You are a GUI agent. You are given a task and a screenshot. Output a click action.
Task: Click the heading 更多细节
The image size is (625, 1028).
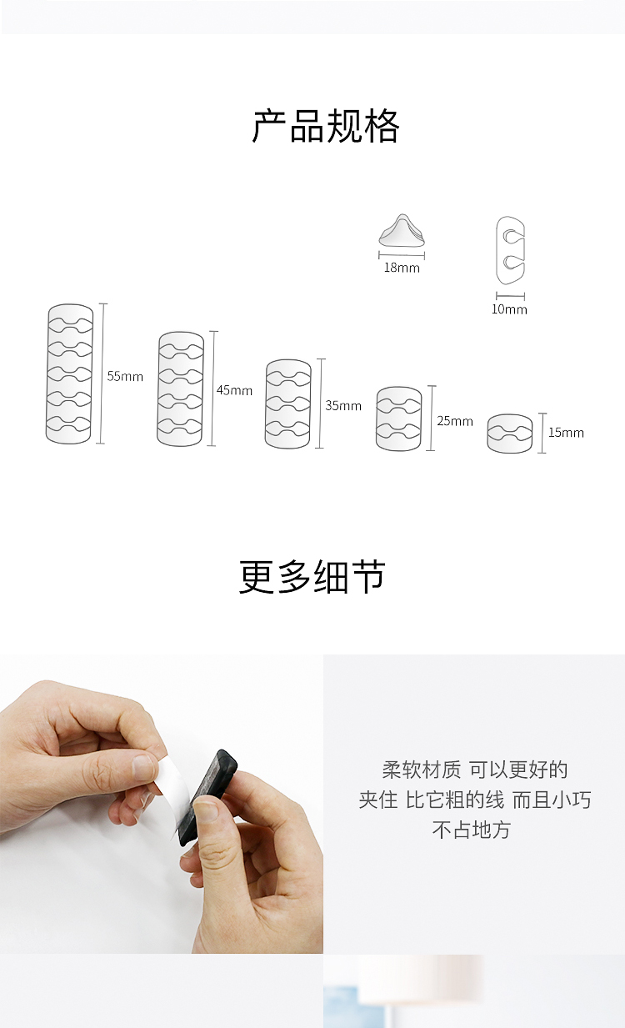312,577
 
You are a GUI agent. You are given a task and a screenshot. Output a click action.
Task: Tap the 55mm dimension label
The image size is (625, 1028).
125,376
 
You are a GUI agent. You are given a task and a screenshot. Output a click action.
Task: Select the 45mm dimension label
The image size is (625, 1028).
234,390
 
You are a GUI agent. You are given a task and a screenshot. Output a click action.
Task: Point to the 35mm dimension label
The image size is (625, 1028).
343,406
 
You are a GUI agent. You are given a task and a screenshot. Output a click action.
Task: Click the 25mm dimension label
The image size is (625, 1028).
455,421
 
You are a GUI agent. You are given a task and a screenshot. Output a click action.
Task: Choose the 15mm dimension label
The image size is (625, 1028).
566,433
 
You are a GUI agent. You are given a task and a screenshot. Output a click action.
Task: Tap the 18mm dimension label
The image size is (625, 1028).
402,268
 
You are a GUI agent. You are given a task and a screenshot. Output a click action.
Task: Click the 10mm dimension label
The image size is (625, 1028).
509,309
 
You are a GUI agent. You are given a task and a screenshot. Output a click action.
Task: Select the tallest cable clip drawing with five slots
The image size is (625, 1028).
69,374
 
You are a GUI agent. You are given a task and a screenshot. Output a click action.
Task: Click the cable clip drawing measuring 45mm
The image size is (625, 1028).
180,389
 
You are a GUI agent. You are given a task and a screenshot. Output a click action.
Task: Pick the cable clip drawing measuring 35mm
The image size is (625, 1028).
288,404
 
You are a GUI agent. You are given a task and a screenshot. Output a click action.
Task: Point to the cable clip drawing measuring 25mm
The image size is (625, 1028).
399,419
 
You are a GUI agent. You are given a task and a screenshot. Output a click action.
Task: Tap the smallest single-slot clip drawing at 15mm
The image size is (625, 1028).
510,433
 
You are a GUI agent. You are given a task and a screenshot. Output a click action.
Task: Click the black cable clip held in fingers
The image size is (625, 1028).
207,792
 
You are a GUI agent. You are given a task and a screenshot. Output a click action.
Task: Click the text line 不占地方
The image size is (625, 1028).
471,830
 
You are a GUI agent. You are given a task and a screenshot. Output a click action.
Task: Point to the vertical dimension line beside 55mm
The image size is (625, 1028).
101,374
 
